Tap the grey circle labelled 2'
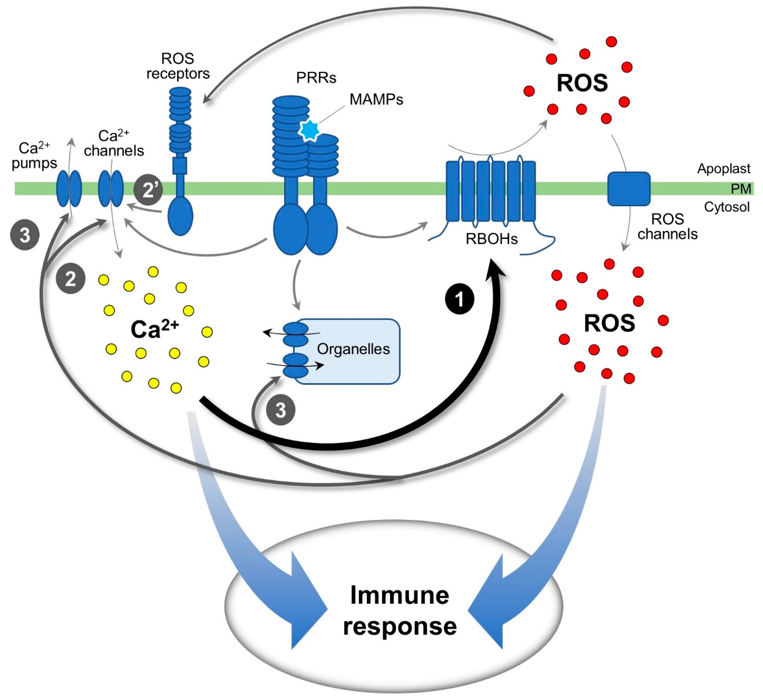148,190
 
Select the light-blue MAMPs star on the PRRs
309,130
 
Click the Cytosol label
727,207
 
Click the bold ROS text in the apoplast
582,83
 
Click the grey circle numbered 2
70,279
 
